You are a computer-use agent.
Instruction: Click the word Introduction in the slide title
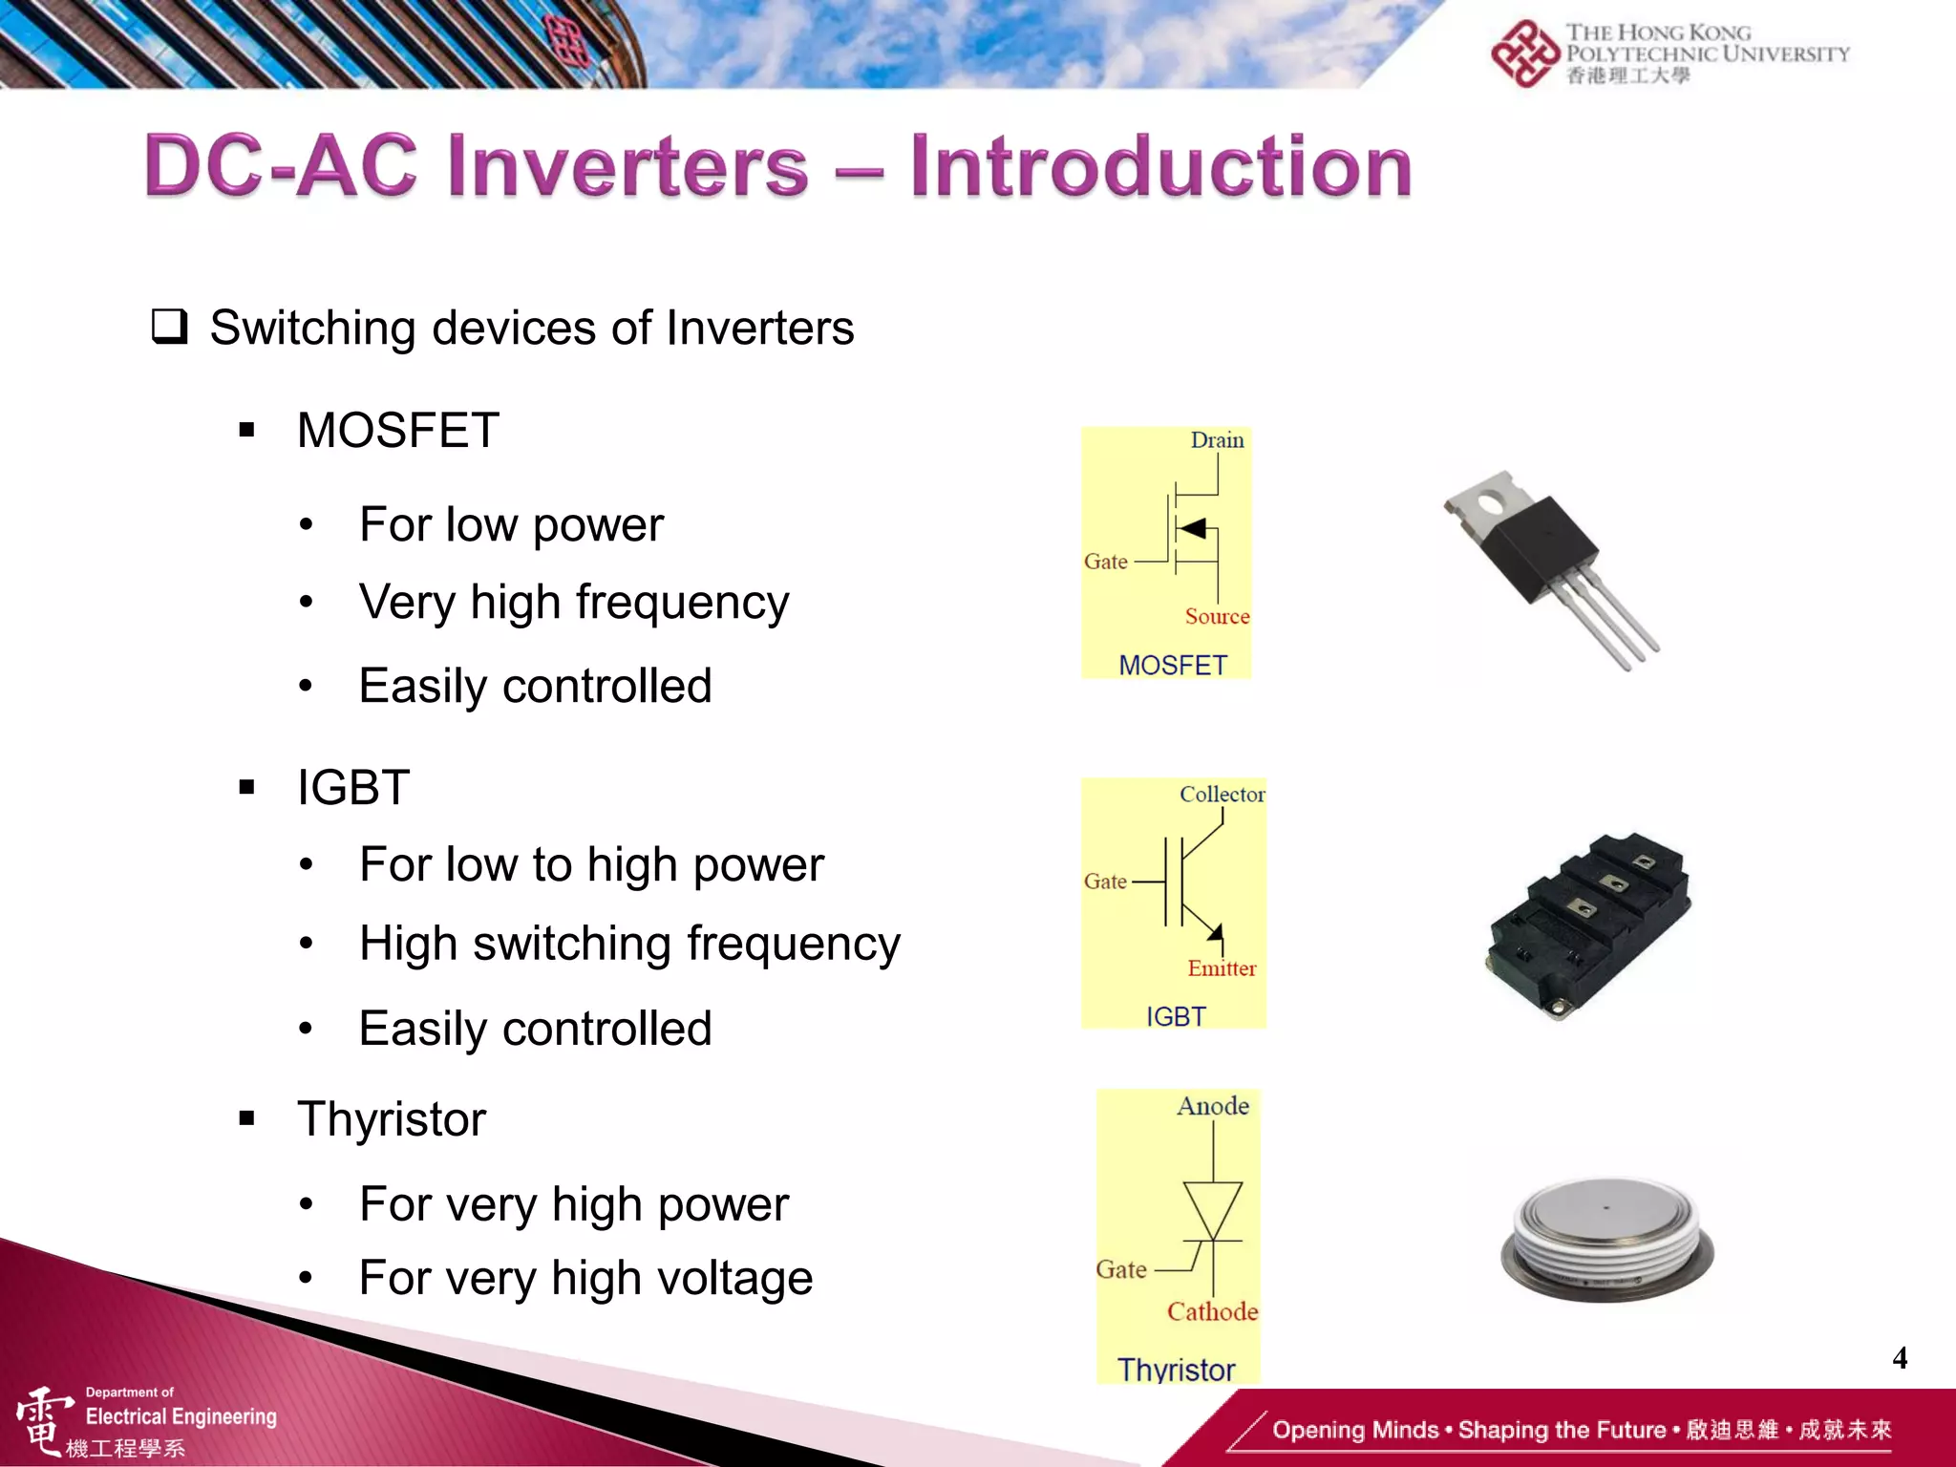tap(1159, 167)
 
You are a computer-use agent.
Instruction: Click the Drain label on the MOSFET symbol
tap(1217, 440)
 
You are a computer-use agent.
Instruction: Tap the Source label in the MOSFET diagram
tap(1217, 616)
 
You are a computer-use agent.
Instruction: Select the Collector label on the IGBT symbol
tap(1222, 794)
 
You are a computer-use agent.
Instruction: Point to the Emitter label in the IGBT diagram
tap(1222, 968)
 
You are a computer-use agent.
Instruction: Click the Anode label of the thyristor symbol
tap(1213, 1106)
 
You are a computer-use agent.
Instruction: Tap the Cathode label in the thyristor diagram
tap(1212, 1311)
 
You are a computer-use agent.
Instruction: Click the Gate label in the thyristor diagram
tap(1121, 1269)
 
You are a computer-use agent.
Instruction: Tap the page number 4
tap(1900, 1357)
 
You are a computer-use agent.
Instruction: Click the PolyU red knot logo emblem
tap(1525, 54)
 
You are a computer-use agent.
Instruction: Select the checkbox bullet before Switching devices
tap(170, 327)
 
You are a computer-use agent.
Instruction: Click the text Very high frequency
tap(574, 603)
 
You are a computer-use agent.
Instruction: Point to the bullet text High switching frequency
tap(629, 944)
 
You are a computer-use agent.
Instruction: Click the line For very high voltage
tap(585, 1278)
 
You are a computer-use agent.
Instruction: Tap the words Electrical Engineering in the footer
tap(181, 1416)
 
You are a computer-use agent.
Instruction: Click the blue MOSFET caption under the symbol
tap(1172, 665)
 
